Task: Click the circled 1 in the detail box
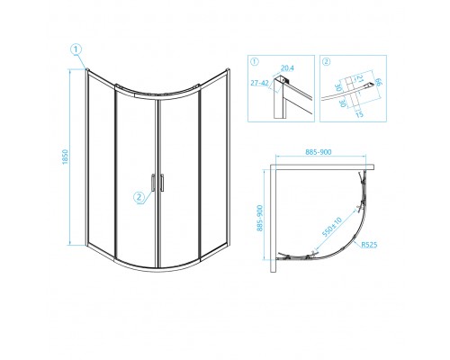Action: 255,63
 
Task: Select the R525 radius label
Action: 370,267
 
